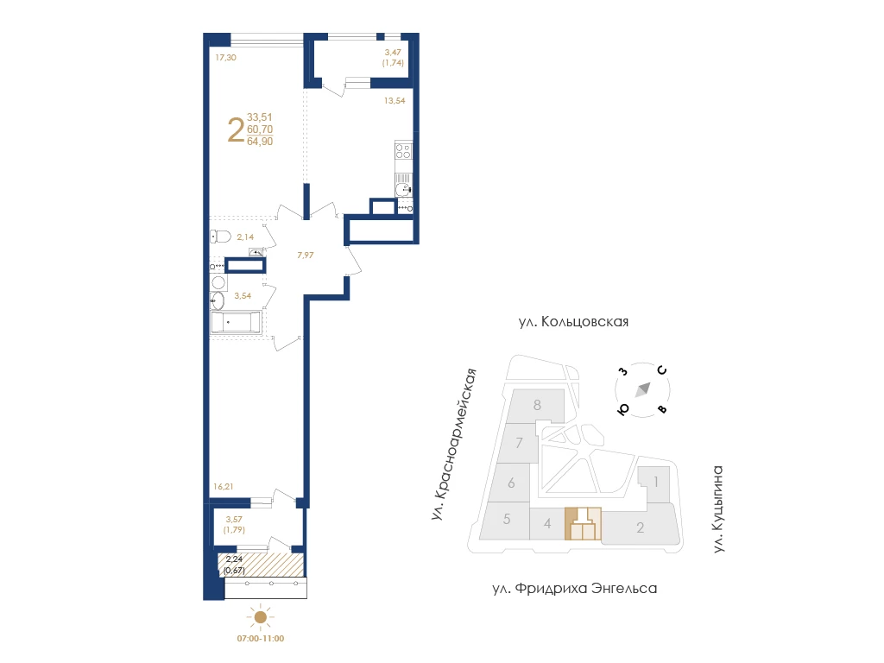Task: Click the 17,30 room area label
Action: [225, 58]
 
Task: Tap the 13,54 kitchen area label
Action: [395, 101]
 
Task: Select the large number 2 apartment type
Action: [236, 129]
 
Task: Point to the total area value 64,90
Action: [260, 142]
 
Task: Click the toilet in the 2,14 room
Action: [220, 237]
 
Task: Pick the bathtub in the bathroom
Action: [236, 323]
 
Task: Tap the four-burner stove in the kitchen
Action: [403, 150]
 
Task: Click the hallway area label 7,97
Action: [306, 256]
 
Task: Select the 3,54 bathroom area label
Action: [243, 296]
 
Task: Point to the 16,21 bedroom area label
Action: [224, 487]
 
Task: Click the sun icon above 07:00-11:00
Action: [261, 617]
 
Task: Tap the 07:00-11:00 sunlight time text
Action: [261, 639]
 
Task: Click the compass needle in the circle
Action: [643, 389]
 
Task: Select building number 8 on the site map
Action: [537, 405]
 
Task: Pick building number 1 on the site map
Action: [656, 482]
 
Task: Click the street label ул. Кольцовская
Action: [573, 322]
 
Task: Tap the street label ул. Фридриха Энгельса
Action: [574, 589]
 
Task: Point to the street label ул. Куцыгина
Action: [717, 509]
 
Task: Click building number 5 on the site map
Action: [507, 519]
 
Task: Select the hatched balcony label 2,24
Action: [234, 559]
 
